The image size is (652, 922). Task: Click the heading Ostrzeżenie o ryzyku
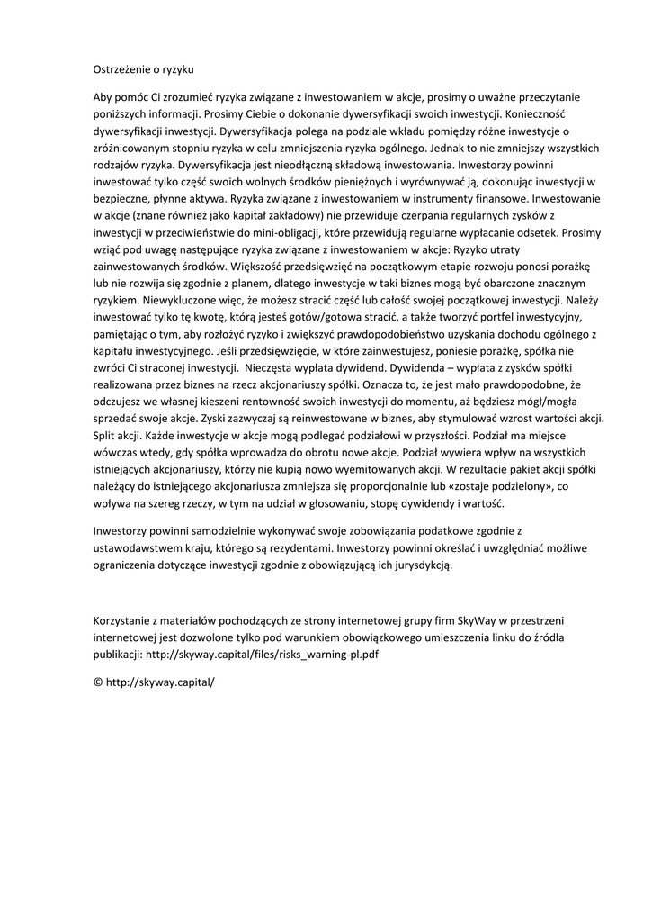[143, 68]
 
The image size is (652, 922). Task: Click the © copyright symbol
[98, 682]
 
